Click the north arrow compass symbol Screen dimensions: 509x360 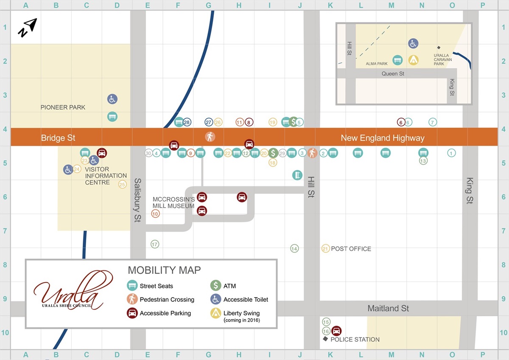click(x=28, y=28)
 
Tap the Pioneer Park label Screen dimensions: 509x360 click(x=63, y=107)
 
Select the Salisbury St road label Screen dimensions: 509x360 click(x=137, y=200)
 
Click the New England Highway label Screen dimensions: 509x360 click(x=383, y=138)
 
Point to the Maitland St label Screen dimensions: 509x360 click(x=388, y=308)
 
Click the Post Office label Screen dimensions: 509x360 click(x=351, y=249)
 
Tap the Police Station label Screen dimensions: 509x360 click(x=355, y=339)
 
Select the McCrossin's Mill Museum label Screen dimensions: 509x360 click(x=174, y=202)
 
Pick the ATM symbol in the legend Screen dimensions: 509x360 click(x=215, y=286)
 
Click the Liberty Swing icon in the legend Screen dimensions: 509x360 click(x=215, y=313)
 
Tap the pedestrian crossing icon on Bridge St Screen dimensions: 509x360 click(x=210, y=137)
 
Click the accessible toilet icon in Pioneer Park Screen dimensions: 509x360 click(x=112, y=99)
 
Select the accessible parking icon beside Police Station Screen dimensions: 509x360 click(x=336, y=331)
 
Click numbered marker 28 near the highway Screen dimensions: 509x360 click(x=187, y=122)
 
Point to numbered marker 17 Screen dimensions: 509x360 click(x=155, y=244)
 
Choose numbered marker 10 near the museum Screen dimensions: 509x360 click(x=155, y=214)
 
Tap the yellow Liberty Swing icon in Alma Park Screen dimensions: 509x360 click(x=413, y=60)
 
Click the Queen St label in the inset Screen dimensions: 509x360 click(x=393, y=74)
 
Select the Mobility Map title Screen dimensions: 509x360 click(x=164, y=270)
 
